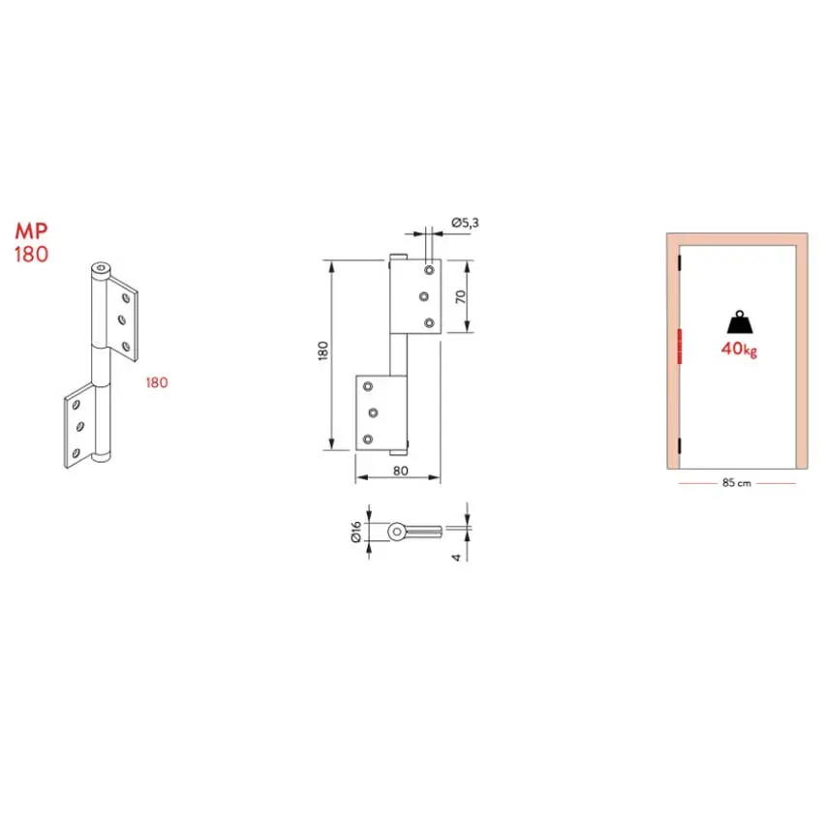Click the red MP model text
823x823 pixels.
tap(32, 230)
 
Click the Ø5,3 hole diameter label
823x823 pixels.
tap(465, 223)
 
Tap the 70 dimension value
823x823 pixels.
tap(460, 296)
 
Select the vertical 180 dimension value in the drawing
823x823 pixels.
tap(322, 351)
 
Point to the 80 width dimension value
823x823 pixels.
tap(401, 471)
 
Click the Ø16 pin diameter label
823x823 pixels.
tap(356, 532)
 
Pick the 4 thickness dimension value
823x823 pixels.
tap(456, 558)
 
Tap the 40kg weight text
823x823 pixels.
tap(739, 349)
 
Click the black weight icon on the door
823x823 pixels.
tap(740, 322)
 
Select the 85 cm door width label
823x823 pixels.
tap(737, 483)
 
